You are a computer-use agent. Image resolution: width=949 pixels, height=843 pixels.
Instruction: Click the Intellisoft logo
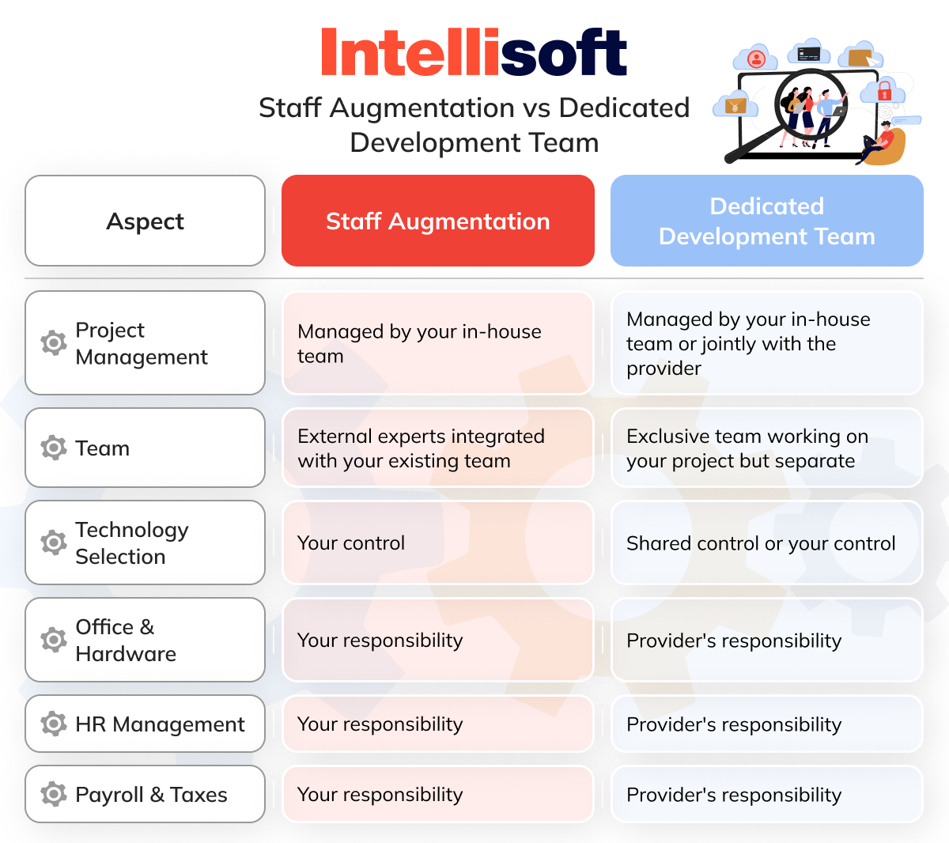click(x=474, y=53)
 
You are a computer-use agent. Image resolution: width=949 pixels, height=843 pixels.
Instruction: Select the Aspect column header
click(x=145, y=221)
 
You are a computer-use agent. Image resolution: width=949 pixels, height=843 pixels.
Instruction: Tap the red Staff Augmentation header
click(x=437, y=221)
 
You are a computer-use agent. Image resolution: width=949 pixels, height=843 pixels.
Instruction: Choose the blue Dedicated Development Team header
click(x=766, y=221)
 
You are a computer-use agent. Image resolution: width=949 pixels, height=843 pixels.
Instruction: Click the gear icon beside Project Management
click(x=54, y=343)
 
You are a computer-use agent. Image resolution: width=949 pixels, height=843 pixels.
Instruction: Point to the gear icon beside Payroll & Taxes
click(x=54, y=794)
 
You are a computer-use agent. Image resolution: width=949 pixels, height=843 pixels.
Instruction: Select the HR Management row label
click(x=160, y=724)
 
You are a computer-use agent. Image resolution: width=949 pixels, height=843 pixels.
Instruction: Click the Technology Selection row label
click(x=131, y=542)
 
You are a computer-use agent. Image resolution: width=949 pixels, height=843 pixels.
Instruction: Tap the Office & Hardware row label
click(x=125, y=640)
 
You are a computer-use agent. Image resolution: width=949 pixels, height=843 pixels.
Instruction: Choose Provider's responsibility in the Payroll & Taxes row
click(x=734, y=795)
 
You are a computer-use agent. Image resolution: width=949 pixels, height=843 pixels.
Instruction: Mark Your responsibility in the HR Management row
click(x=380, y=724)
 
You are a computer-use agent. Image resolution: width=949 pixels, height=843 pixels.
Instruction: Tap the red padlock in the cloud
click(x=885, y=90)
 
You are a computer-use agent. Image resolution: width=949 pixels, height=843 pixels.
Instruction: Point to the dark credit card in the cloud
click(x=808, y=54)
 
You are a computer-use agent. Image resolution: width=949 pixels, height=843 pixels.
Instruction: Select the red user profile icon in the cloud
click(x=757, y=59)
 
